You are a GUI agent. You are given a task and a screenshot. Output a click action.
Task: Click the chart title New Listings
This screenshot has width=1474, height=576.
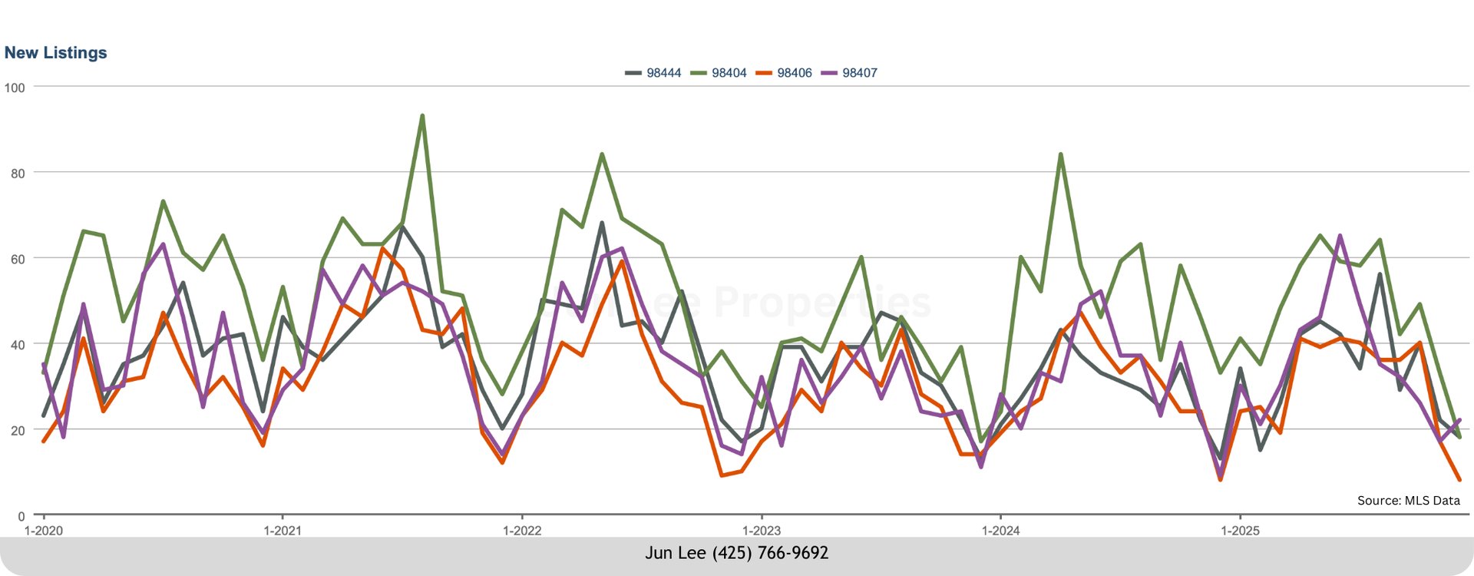55,53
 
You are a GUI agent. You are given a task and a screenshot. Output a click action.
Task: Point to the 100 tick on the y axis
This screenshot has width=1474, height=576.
15,88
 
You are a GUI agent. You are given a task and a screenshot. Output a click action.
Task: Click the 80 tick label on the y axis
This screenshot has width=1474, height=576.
18,174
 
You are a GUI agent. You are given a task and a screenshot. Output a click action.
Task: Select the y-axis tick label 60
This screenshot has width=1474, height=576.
18,260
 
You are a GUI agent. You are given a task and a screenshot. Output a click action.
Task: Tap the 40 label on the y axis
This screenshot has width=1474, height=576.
18,345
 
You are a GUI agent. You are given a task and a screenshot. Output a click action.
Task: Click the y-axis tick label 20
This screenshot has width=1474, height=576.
18,431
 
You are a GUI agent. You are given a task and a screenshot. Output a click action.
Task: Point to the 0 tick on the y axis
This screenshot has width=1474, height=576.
21,517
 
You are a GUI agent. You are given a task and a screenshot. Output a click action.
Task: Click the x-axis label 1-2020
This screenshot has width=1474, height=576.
43,531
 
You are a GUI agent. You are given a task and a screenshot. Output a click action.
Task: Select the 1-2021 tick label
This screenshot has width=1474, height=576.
283,531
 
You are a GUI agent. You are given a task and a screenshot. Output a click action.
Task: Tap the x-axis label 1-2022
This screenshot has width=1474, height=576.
522,531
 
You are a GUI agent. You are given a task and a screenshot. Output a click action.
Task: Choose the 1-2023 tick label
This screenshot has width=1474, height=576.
762,531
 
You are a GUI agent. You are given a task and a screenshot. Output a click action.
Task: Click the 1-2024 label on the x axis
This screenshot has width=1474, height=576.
1001,531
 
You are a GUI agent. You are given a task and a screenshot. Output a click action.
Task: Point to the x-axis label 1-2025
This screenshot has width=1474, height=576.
1240,531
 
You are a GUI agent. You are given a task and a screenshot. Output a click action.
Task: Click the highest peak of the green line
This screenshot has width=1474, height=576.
422,116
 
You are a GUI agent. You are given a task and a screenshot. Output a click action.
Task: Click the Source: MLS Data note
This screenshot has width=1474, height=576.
1408,501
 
